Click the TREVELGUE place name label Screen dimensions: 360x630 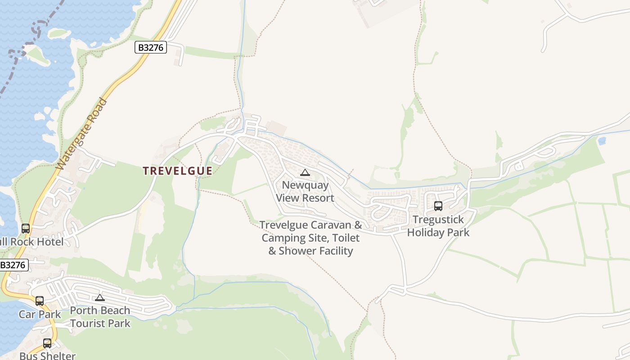[x=177, y=171]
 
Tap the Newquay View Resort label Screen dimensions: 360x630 [x=305, y=192]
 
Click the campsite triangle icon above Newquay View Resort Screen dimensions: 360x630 [x=305, y=172]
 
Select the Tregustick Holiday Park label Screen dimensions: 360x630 [x=438, y=226]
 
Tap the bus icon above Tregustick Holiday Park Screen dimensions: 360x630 [x=438, y=206]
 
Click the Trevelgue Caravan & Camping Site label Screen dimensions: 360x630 [x=310, y=225]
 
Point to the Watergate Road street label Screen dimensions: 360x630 [x=82, y=134]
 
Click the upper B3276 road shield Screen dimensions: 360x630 [x=151, y=47]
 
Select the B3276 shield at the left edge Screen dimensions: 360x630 [x=13, y=265]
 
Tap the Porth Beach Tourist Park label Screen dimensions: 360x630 [x=100, y=317]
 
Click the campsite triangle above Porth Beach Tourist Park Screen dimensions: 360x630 [x=100, y=297]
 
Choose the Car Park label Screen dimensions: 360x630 [x=40, y=314]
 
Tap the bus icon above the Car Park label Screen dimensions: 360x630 [x=40, y=301]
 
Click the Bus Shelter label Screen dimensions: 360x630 [x=47, y=355]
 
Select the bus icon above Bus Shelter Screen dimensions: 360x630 [x=47, y=343]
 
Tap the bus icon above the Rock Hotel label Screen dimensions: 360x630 [x=26, y=228]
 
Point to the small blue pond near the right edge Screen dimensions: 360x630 [x=602, y=141]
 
